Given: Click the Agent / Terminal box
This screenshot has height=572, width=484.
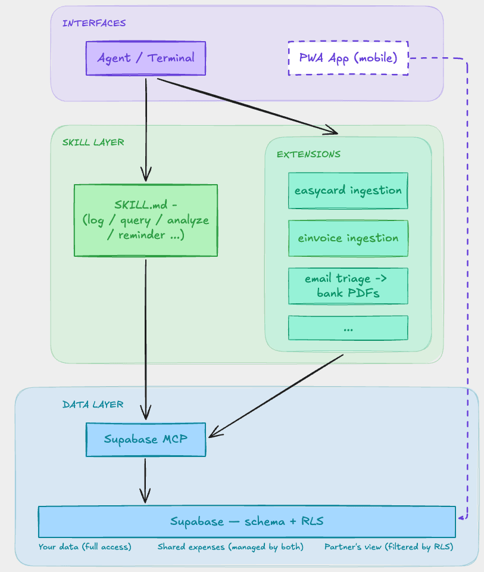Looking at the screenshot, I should (146, 58).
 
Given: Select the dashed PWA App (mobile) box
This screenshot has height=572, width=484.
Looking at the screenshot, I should (348, 58).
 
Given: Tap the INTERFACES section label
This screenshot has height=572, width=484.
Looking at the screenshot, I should (94, 23).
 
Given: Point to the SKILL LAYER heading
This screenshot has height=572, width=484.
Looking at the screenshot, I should (93, 142).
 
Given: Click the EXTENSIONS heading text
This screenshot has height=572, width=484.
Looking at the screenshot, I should (308, 154).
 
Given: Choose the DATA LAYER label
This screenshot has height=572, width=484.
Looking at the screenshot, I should (93, 405).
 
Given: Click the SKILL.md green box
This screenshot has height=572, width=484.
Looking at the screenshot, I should (146, 220).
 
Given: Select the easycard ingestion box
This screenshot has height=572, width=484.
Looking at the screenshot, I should (348, 191).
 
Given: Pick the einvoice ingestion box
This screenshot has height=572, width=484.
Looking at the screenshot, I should (348, 238).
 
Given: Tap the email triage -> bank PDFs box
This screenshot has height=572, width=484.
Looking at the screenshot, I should (348, 286).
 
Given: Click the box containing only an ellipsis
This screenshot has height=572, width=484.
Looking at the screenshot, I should (348, 328).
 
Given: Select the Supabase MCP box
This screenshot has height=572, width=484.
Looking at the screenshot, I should (146, 440).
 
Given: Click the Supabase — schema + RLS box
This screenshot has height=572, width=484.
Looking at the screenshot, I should (246, 521).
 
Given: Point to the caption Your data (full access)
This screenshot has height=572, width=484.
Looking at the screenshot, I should (85, 546).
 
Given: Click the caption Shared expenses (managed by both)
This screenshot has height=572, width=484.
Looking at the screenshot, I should (230, 546).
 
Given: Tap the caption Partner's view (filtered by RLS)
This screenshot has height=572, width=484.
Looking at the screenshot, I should (389, 546).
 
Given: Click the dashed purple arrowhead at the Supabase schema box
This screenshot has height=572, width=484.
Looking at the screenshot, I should (461, 519).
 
